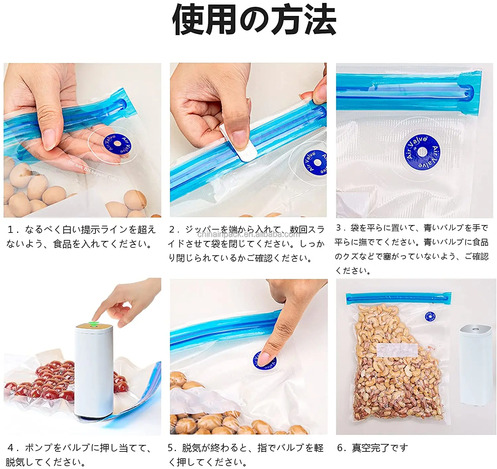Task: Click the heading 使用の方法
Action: tap(254, 20)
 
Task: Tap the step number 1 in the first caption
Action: tap(11, 229)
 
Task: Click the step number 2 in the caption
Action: tap(172, 229)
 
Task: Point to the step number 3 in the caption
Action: tap(338, 228)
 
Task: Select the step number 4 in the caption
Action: tap(11, 447)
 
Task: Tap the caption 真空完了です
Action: tap(380, 447)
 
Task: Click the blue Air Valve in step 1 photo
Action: tap(117, 144)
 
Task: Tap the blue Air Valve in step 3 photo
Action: tap(422, 152)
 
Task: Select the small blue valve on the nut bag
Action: tap(430, 316)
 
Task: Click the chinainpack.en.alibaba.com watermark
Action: tap(248, 234)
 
